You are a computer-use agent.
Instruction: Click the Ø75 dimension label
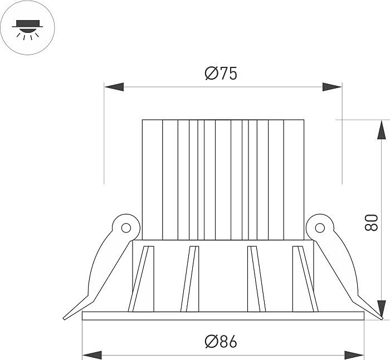pyautogui.click(x=221, y=74)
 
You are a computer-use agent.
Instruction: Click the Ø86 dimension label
pyautogui.click(x=221, y=342)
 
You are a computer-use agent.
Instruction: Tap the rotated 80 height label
pyautogui.click(x=371, y=222)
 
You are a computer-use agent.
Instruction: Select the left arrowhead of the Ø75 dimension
pyautogui.click(x=114, y=87)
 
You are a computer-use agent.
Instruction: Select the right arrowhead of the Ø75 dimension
pyautogui.click(x=332, y=87)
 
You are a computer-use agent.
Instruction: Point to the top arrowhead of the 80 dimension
pyautogui.click(x=381, y=130)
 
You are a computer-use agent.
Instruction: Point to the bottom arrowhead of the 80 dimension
pyautogui.click(x=381, y=310)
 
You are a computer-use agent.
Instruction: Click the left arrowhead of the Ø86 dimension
pyautogui.click(x=92, y=356)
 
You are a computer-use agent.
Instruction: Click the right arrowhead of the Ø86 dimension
pyautogui.click(x=354, y=356)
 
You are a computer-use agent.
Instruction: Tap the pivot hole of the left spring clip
pyautogui.click(x=126, y=227)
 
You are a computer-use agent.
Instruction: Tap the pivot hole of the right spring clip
pyautogui.click(x=320, y=227)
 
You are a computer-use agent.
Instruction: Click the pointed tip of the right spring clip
pyautogui.click(x=382, y=318)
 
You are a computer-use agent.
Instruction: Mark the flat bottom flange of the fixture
pyautogui.click(x=223, y=316)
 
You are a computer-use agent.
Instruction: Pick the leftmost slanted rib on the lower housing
pyautogui.click(x=141, y=279)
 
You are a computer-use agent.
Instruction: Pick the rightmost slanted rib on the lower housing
pyautogui.click(x=305, y=279)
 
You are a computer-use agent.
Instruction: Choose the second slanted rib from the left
pyautogui.click(x=190, y=279)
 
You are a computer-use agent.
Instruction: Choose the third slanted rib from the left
pyautogui.click(x=257, y=279)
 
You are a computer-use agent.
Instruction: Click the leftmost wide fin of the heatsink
pyautogui.click(x=152, y=180)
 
